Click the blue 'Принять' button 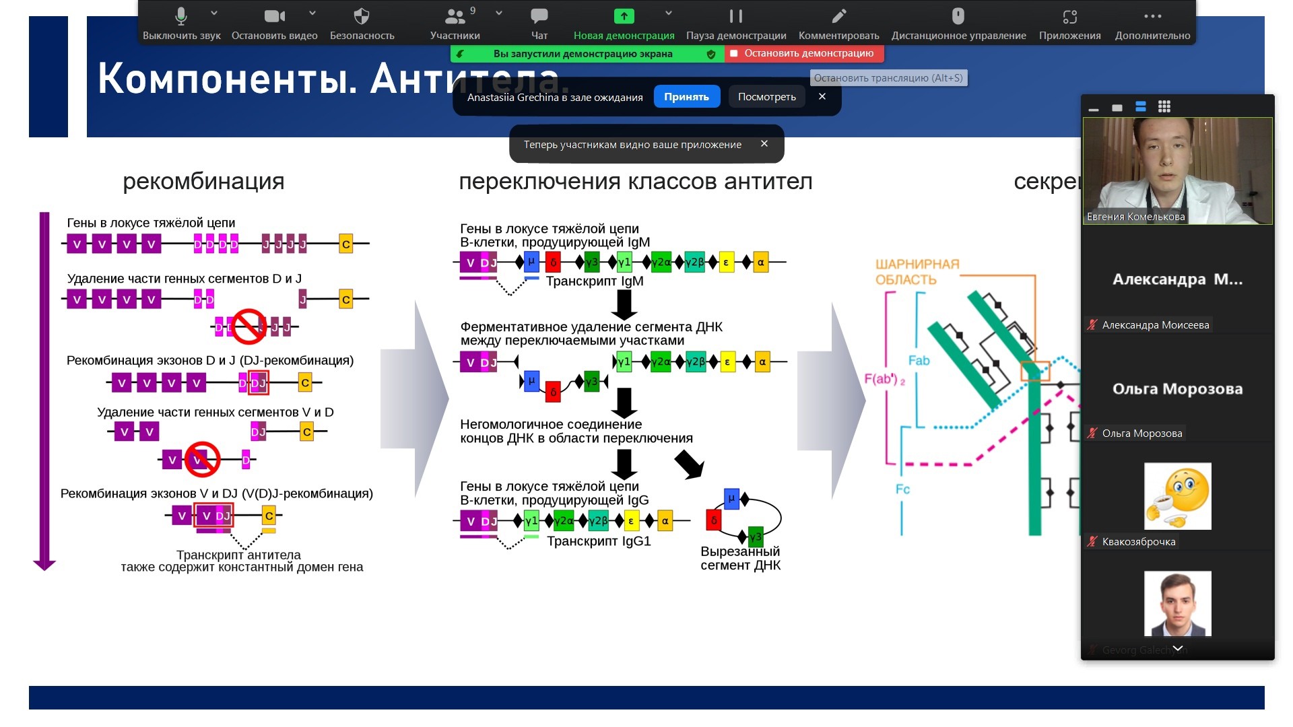(686, 97)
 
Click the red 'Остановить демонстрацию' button (804, 53)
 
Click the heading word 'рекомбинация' (203, 181)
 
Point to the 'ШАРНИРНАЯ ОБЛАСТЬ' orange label (917, 272)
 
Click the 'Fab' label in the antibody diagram (919, 361)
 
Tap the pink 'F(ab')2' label (884, 380)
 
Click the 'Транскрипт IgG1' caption (599, 541)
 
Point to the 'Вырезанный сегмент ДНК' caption (740, 558)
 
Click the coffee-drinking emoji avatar (1177, 495)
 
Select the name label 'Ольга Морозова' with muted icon (1141, 434)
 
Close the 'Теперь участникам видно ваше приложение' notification (764, 143)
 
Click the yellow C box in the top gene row (345, 244)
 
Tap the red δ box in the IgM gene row (553, 262)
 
